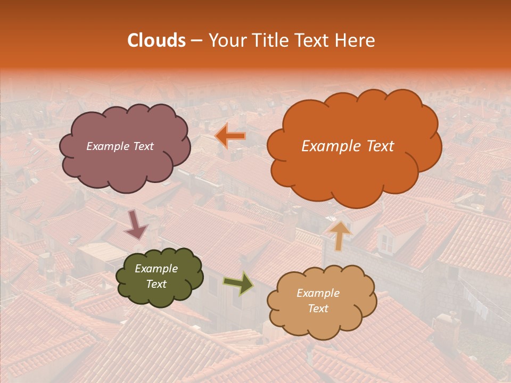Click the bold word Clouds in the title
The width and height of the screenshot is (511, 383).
156,40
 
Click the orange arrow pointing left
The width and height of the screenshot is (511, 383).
230,137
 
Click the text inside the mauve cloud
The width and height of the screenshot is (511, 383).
120,146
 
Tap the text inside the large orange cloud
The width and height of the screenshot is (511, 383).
348,146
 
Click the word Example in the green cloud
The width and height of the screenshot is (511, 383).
156,269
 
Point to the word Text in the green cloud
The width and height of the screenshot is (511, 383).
156,284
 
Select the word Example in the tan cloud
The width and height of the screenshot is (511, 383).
318,293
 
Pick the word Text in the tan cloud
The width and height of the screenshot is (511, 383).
318,309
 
